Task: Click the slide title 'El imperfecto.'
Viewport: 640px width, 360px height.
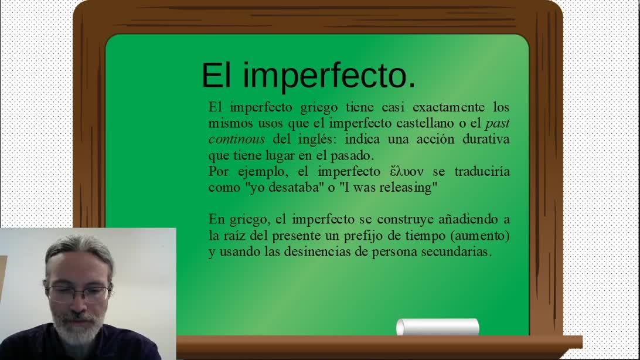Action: click(x=308, y=76)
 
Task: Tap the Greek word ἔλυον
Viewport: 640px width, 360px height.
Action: click(x=407, y=171)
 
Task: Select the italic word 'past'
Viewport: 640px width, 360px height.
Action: click(x=498, y=124)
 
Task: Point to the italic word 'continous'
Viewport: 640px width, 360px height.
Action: click(x=237, y=139)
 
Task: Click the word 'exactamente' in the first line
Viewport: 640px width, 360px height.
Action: click(x=448, y=107)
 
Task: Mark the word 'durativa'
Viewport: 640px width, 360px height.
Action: click(x=486, y=139)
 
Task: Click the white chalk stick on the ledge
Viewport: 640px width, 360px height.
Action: click(x=438, y=327)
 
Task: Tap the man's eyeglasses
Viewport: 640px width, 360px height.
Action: click(x=78, y=294)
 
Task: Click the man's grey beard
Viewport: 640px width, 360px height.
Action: click(x=77, y=327)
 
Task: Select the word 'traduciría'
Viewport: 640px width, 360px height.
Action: click(x=482, y=171)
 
